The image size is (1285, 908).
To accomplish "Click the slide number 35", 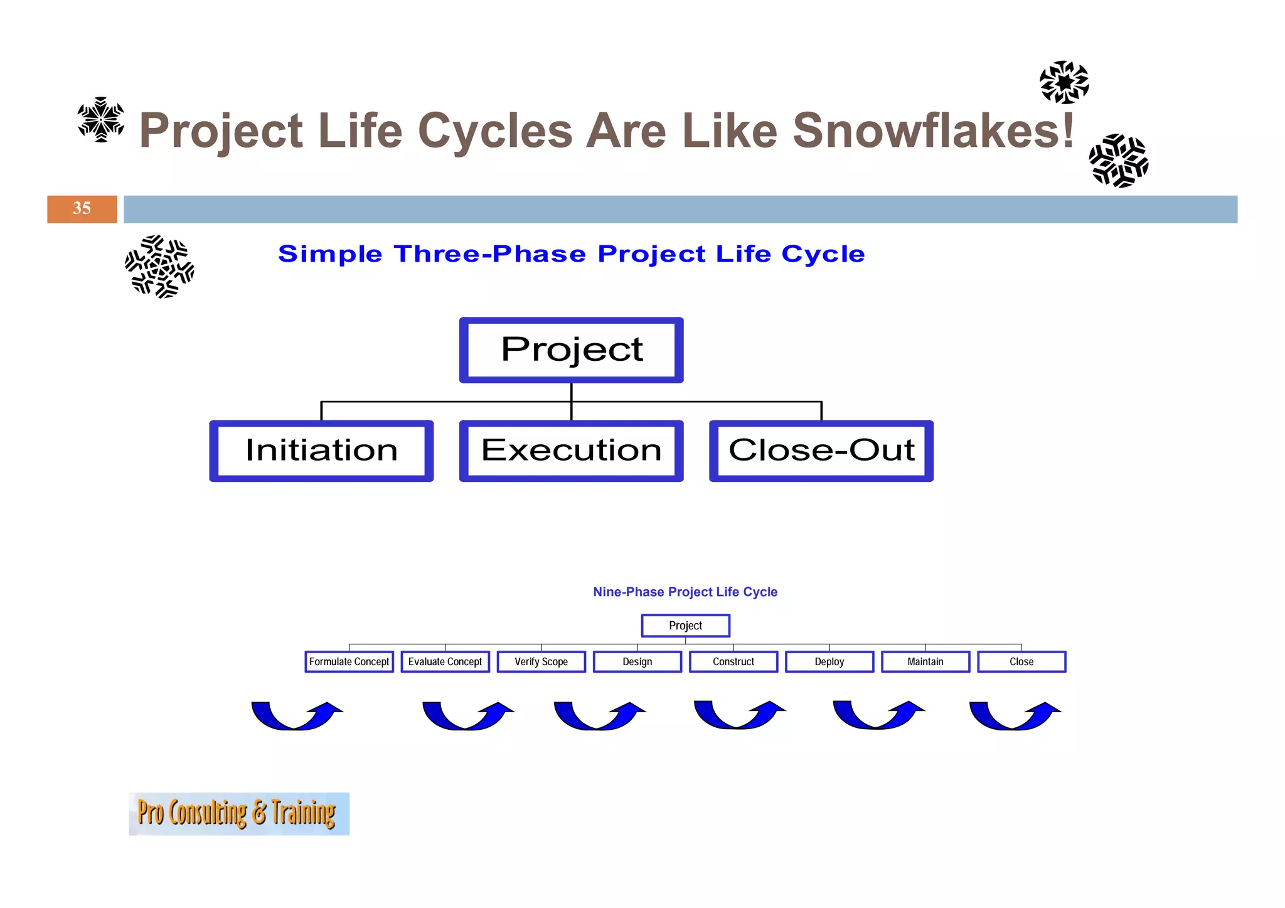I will coord(82,209).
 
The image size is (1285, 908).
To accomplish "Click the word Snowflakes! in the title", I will coord(934,131).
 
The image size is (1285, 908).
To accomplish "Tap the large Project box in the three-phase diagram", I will coord(571,350).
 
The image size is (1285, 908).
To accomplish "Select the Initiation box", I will coord(321,451).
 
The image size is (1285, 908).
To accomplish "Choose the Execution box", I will coord(571,451).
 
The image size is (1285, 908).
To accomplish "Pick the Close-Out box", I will coord(821,451).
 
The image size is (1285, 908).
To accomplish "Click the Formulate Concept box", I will coord(349,661).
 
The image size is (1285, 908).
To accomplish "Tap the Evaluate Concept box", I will coord(445,661).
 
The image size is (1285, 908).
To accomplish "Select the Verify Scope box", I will coord(541,661).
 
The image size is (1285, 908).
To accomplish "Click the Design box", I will coord(637,661).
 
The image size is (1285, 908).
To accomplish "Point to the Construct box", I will coord(733,661).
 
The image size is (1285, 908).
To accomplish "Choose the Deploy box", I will coord(829,661).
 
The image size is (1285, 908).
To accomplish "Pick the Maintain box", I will coord(925,661).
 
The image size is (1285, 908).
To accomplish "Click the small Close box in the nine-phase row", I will coord(1021,661).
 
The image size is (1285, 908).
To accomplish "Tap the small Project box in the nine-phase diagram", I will coord(685,626).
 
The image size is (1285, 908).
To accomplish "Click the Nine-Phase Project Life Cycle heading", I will coord(685,592).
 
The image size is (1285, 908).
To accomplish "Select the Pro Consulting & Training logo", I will coord(238,813).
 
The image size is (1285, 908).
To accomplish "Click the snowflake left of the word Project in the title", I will coord(100,119).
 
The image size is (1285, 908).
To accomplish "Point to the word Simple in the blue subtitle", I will coord(330,254).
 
